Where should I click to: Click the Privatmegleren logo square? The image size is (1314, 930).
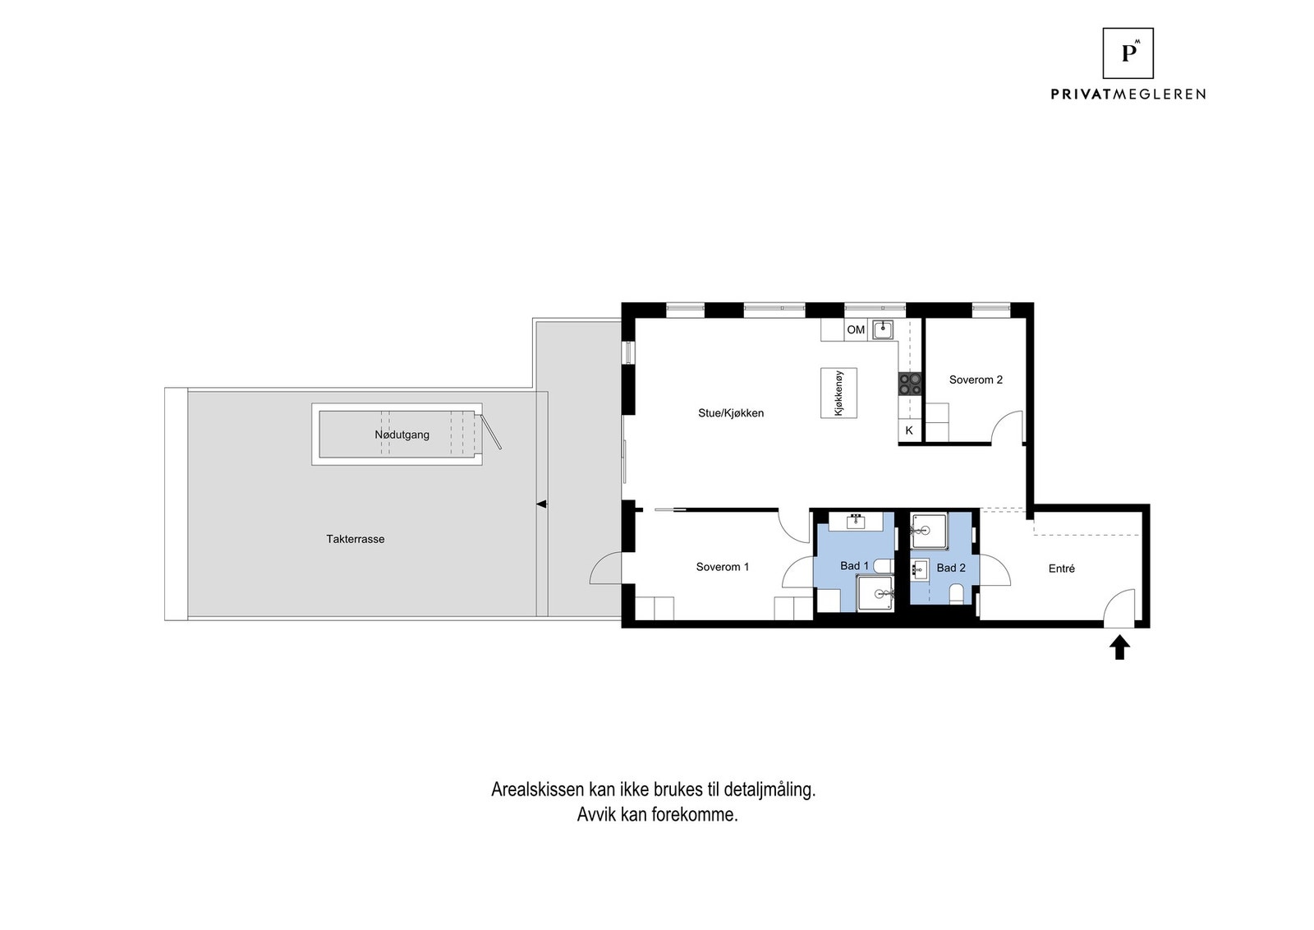coord(1128,53)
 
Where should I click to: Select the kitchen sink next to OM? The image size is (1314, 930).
coord(883,329)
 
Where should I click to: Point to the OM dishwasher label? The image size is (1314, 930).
coord(856,329)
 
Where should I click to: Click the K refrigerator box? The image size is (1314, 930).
coord(909,430)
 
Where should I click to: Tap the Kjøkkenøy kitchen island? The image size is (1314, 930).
coord(838,393)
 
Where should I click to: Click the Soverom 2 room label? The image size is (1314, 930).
coord(976,380)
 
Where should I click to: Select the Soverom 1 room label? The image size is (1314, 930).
coord(722,567)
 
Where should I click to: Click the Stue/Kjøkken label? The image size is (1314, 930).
coord(731,413)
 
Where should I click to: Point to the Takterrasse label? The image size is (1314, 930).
coord(356,539)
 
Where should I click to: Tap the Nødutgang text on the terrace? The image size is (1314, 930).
coord(402,435)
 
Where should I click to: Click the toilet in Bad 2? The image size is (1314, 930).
coord(956,593)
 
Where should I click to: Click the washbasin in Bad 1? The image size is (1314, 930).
coord(857,521)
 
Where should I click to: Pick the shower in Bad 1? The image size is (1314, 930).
coord(875,593)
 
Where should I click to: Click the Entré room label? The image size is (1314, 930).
coord(1062,569)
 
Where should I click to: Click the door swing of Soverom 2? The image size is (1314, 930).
coord(1008,427)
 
